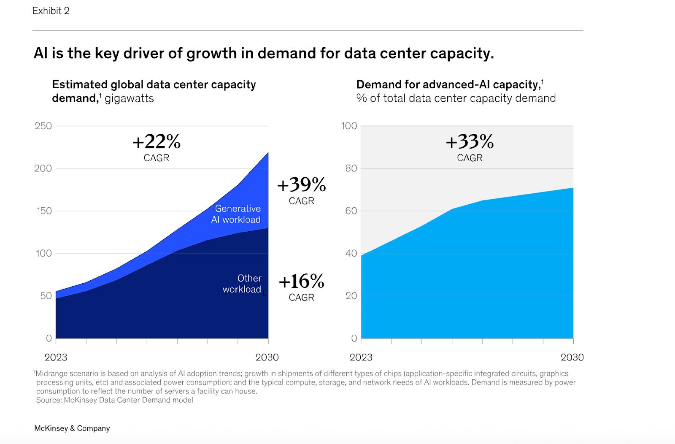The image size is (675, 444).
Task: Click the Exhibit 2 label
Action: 51,11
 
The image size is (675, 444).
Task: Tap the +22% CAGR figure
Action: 157,142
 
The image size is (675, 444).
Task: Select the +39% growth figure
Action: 302,185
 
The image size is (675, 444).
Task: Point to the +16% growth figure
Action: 302,282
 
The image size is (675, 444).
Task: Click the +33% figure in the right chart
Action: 470,142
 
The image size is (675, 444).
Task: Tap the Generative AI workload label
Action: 236,214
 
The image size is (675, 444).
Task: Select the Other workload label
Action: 242,284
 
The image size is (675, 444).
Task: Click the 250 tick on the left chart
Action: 43,126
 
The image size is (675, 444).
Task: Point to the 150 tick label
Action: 44,211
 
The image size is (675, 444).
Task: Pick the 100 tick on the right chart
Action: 349,126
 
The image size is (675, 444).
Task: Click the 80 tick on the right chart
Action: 351,168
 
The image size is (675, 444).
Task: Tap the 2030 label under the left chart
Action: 267,357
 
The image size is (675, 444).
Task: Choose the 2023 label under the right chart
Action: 361,357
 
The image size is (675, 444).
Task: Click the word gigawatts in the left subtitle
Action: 129,98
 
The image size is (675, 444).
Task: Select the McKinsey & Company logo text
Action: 72,428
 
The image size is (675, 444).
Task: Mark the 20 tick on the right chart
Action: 351,296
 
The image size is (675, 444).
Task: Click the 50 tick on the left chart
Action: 46,296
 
